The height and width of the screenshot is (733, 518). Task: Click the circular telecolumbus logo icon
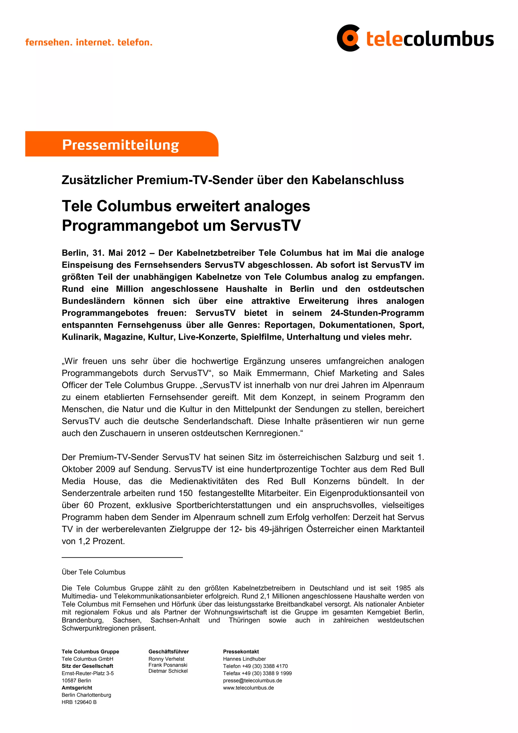pyautogui.click(x=348, y=38)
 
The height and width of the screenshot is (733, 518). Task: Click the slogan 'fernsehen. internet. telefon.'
pyautogui.click(x=89, y=42)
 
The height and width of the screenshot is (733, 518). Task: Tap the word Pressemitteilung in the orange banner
pyautogui.click(x=120, y=145)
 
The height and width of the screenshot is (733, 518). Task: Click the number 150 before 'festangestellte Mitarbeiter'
pyautogui.click(x=185, y=493)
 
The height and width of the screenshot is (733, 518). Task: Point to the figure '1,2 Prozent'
pyautogui.click(x=101, y=541)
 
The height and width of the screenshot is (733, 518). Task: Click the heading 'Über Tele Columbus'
pyautogui.click(x=94, y=572)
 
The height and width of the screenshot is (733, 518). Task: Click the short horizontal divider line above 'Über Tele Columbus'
pyautogui.click(x=122, y=557)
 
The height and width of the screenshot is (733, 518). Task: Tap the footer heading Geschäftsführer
pyautogui.click(x=168, y=652)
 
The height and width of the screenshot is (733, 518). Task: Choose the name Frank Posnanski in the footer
pyautogui.click(x=168, y=665)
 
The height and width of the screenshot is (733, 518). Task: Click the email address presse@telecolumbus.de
pyautogui.click(x=252, y=681)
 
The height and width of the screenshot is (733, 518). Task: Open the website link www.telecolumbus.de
pyautogui.click(x=248, y=688)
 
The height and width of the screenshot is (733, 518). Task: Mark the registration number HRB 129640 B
pyautogui.click(x=79, y=702)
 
